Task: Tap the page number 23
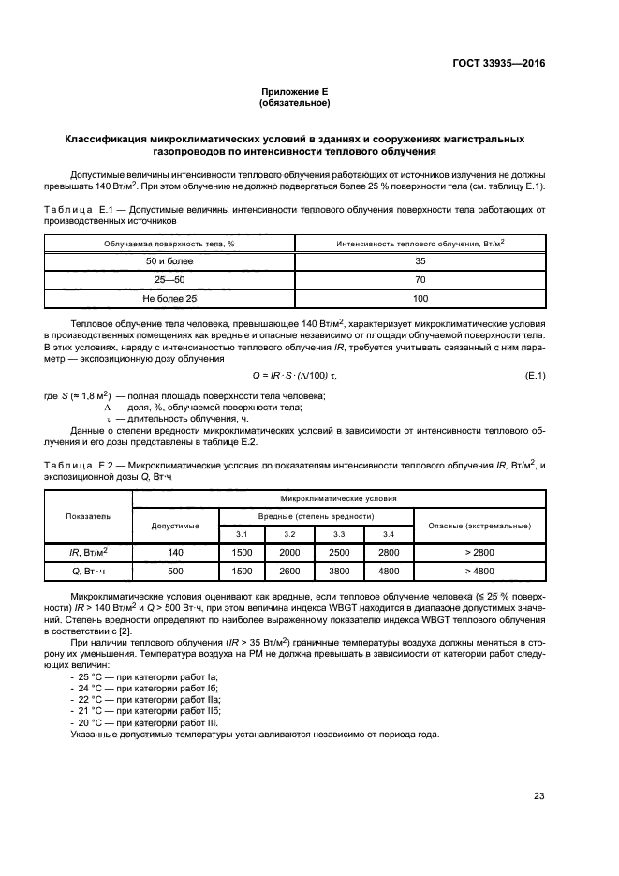(x=538, y=796)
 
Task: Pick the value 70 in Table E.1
(x=420, y=280)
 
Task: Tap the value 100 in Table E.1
(x=420, y=299)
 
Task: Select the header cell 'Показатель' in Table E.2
(x=88, y=516)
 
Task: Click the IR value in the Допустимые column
(x=176, y=553)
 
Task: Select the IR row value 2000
(x=289, y=553)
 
